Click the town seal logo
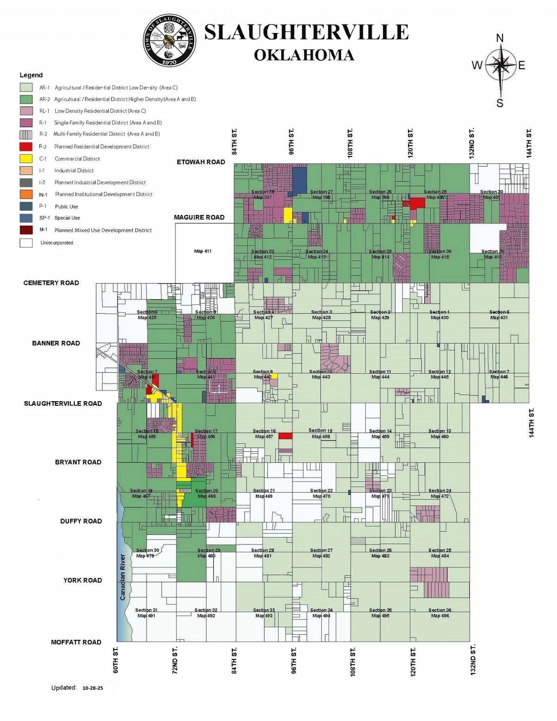coord(170,41)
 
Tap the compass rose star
coord(500,65)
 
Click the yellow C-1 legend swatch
coord(26,159)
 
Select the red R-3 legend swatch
coord(26,147)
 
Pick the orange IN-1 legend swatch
coord(26,195)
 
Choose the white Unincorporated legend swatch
coord(26,243)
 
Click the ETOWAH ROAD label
coord(201,162)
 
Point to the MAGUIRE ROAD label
coord(199,217)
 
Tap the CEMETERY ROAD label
coord(51,283)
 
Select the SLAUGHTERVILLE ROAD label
coord(63,403)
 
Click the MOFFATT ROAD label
coord(76,642)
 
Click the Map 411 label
coord(203,251)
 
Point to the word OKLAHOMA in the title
coord(304,55)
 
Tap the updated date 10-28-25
coord(93,688)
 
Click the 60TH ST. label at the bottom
coord(116,660)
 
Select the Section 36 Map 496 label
coord(440,613)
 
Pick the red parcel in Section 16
coord(285,435)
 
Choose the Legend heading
coord(31,75)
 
